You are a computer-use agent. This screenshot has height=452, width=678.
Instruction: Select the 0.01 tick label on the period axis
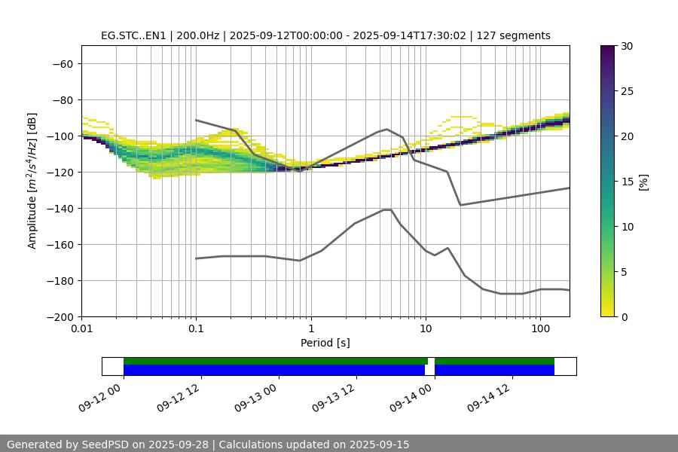[x=81, y=329]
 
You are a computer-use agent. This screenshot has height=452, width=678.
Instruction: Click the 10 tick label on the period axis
[x=426, y=329]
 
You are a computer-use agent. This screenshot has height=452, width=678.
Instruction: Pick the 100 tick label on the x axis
[x=540, y=329]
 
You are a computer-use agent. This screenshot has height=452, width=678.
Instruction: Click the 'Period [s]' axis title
[x=325, y=343]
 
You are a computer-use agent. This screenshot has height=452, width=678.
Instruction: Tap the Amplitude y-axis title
[x=32, y=181]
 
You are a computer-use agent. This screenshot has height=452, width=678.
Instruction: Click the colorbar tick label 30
[x=627, y=46]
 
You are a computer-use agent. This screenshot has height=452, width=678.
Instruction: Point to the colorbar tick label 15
[x=627, y=182]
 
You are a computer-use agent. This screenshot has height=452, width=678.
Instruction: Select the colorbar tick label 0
[x=624, y=317]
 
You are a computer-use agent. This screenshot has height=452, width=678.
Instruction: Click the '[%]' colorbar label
[x=643, y=182]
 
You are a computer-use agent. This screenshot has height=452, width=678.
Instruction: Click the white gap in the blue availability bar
[x=430, y=370]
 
